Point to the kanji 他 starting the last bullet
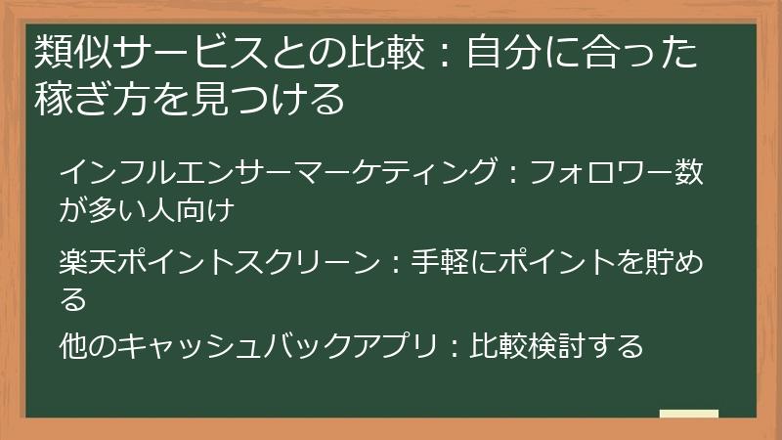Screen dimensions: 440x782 coord(73,345)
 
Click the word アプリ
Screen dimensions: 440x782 coord(387,345)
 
